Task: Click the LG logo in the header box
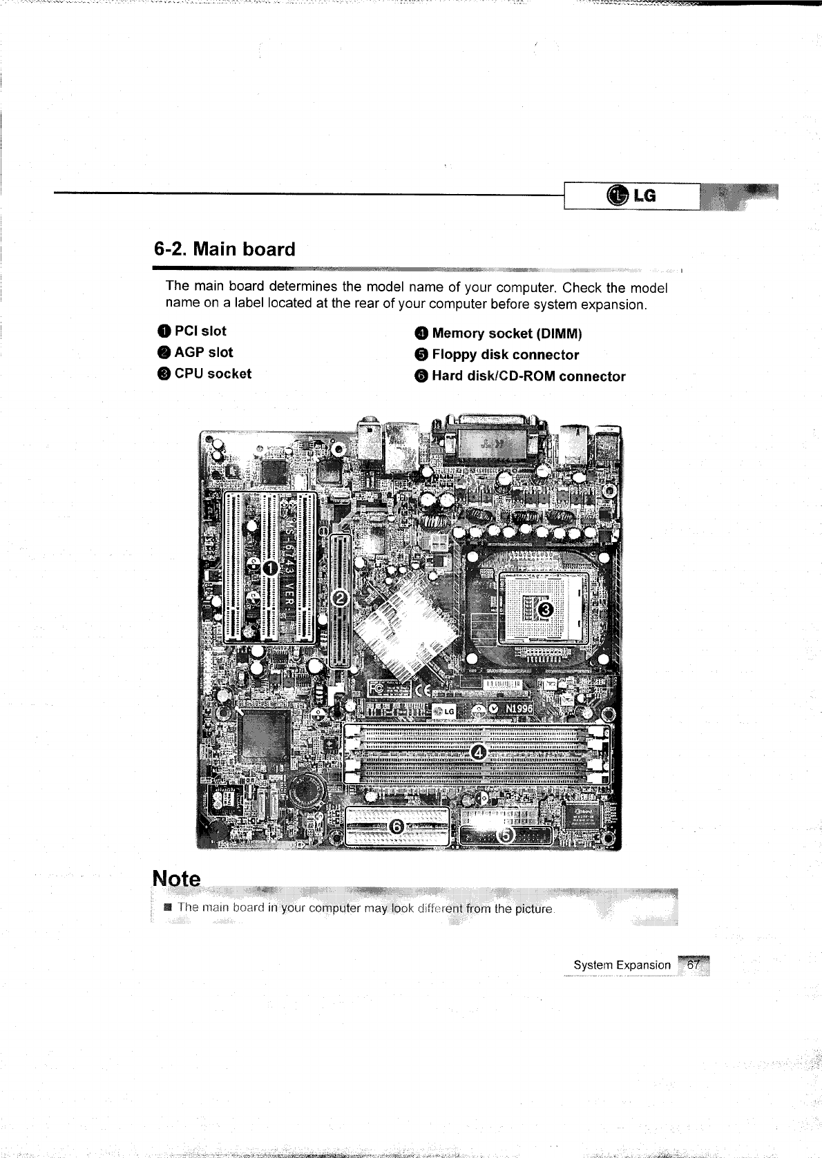pos(631,196)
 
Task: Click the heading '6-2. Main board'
pos(224,249)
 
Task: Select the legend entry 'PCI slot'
pos(200,331)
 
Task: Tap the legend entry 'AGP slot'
pos(203,353)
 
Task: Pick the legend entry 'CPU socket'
pos(212,374)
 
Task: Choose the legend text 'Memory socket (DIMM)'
pos(506,334)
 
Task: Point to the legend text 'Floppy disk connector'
pos(505,356)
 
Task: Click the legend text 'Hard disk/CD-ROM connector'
pos(528,377)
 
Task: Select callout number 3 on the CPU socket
pos(545,609)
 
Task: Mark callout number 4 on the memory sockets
pos(478,752)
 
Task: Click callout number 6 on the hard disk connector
pos(396,826)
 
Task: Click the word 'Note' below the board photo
pos(177,879)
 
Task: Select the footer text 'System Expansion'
pos(622,965)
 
